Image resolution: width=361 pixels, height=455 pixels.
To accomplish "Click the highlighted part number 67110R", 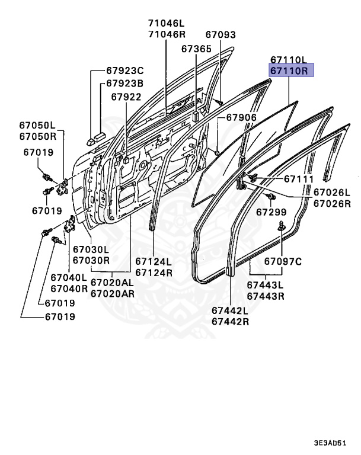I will pyautogui.click(x=289, y=72).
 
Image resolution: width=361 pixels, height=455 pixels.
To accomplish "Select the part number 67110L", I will pyautogui.click(x=289, y=60).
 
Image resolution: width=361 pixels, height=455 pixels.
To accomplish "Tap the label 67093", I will pyautogui.click(x=221, y=35).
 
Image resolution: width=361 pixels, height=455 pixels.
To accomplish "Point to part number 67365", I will pyautogui.click(x=196, y=49).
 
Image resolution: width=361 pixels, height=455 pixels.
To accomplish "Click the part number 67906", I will pyautogui.click(x=241, y=118).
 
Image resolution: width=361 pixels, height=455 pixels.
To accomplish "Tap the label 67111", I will pyautogui.click(x=298, y=179).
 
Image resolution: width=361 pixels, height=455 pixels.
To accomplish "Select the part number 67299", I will pyautogui.click(x=271, y=212).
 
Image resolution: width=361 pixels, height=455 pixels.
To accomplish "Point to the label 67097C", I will pyautogui.click(x=283, y=261).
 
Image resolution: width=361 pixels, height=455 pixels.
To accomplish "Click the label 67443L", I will pyautogui.click(x=265, y=285).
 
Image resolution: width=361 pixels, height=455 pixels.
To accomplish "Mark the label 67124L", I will pyautogui.click(x=154, y=261).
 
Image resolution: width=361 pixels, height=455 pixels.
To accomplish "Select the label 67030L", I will pyautogui.click(x=91, y=250).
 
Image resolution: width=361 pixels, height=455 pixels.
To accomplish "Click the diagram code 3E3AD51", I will pyautogui.click(x=331, y=443).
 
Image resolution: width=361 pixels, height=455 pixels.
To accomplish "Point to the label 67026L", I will pyautogui.click(x=332, y=193).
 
